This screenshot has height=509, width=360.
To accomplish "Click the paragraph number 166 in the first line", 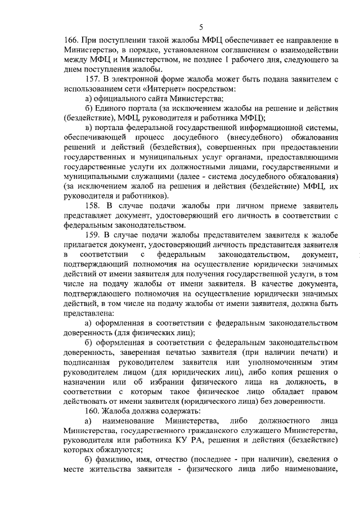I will (x=71, y=41).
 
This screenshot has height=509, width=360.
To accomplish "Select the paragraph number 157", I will (x=93, y=80).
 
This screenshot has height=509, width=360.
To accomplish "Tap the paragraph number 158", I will (x=93, y=206).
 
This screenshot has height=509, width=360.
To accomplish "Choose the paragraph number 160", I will (x=93, y=412).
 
